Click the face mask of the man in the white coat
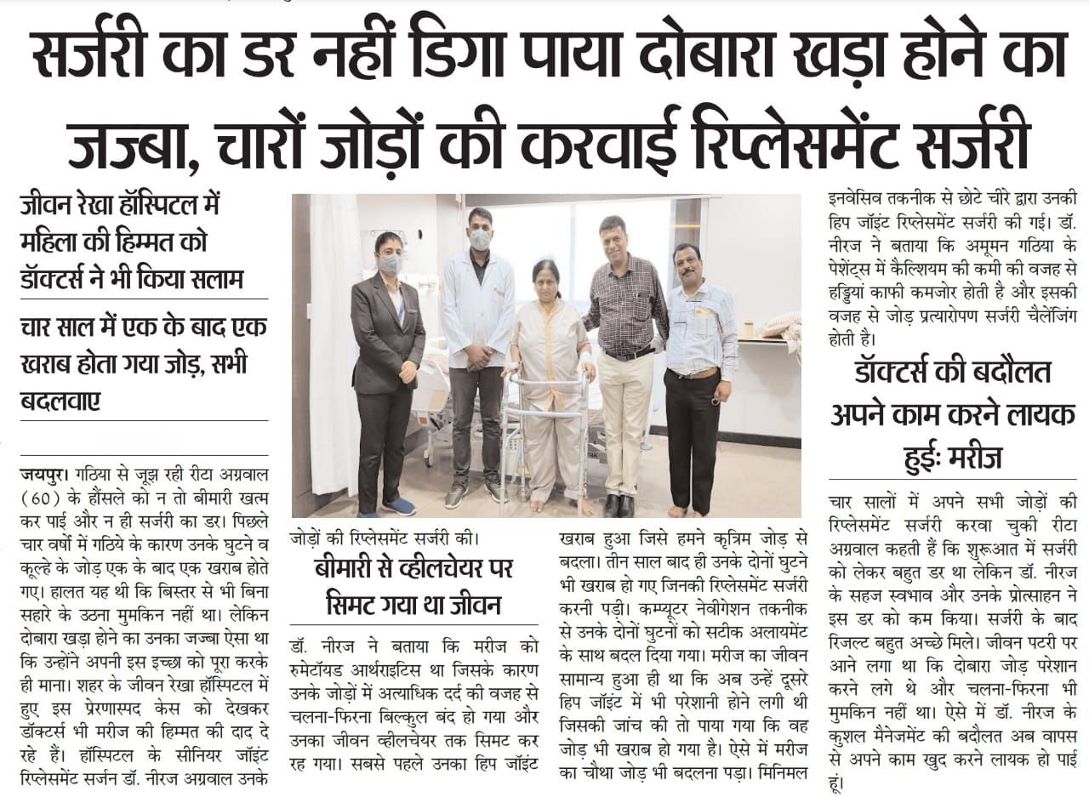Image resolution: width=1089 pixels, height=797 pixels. click(x=480, y=240)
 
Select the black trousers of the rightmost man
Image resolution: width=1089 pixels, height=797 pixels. click(x=693, y=442)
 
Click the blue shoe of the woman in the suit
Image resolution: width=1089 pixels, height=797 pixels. click(x=398, y=507)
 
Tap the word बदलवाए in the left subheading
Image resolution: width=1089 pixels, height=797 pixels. click(x=59, y=399)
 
